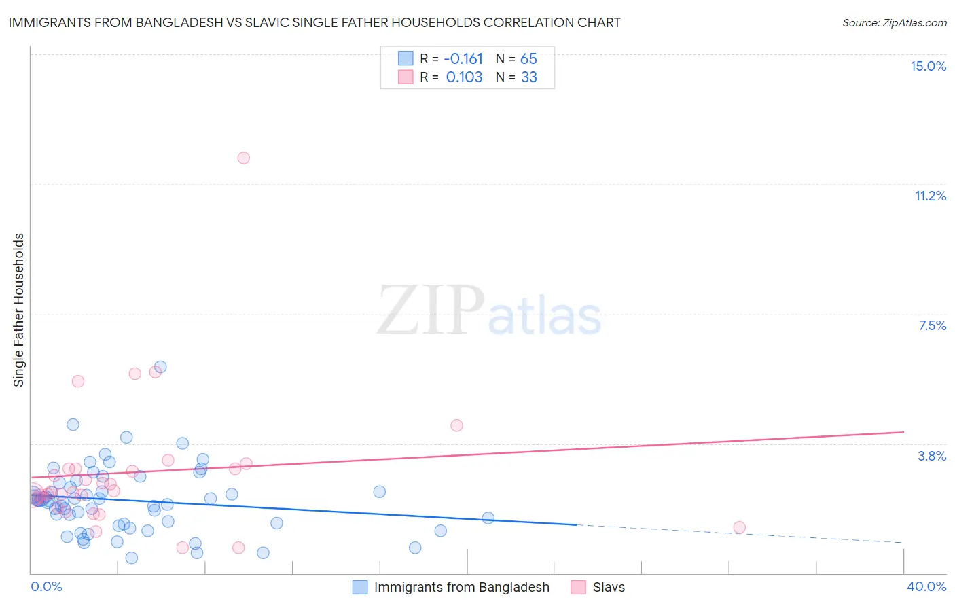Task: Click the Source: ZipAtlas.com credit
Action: click(x=894, y=22)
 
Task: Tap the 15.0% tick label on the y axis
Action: click(x=928, y=66)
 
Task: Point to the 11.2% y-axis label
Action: click(x=930, y=196)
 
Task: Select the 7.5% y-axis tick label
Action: click(x=932, y=325)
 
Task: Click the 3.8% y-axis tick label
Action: click(x=932, y=456)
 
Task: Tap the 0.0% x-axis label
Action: click(x=46, y=586)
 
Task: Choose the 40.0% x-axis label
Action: click(x=926, y=586)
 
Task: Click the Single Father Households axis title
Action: click(x=19, y=310)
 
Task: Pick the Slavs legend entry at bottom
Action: click(x=609, y=587)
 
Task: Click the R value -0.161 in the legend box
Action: click(x=463, y=58)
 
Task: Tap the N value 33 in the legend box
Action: click(x=529, y=77)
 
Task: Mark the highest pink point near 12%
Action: click(x=243, y=158)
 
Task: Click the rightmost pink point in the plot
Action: click(x=739, y=527)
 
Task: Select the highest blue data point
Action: click(x=160, y=367)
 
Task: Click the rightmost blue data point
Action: click(x=488, y=518)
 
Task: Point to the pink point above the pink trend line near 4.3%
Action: click(x=456, y=425)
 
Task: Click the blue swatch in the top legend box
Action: click(x=406, y=58)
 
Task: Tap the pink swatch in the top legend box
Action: click(x=406, y=77)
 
